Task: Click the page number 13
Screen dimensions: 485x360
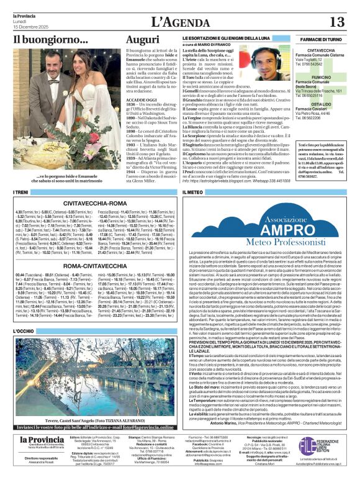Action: [x=336, y=22]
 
